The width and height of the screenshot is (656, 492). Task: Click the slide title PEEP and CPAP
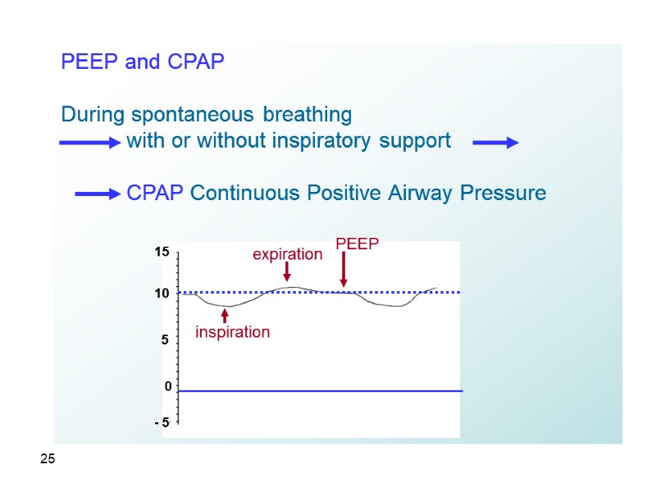click(143, 62)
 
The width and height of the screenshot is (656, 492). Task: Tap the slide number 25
click(48, 460)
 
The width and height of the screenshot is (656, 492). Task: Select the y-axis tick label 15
click(162, 253)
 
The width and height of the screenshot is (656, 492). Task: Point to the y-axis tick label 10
click(162, 294)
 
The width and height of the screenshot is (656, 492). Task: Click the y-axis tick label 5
click(164, 339)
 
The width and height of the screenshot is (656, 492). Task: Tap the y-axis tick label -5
click(162, 422)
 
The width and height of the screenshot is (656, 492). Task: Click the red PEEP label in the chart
click(358, 244)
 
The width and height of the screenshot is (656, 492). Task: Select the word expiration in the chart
click(287, 255)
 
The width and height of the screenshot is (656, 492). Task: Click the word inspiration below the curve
click(232, 332)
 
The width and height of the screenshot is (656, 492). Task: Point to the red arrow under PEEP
click(344, 270)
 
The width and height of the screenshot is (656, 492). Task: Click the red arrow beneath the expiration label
click(287, 271)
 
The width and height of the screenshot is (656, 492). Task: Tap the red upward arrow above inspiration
click(225, 315)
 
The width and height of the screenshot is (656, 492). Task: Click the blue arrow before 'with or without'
click(90, 143)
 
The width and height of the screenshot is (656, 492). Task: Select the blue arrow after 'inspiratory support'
click(496, 143)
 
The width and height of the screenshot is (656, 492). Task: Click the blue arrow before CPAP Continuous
click(98, 194)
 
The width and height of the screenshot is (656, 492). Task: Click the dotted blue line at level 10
click(394, 292)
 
